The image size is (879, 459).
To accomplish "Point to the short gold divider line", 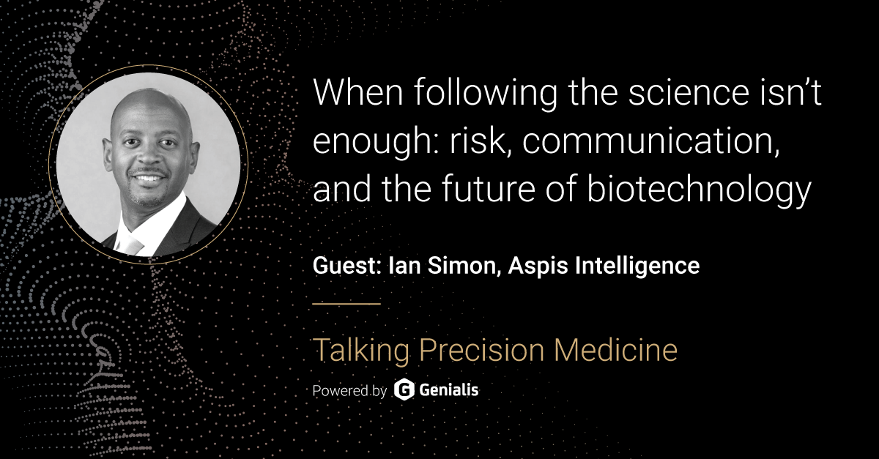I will pos(346,302).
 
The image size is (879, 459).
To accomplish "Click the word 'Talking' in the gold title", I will pos(357,351).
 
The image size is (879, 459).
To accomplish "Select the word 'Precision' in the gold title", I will pos(477,351).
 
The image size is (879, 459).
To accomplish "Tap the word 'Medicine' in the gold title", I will pos(616,351).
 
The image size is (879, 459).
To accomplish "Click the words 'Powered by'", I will pos(349,390).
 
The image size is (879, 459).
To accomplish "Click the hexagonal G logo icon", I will pos(404,390).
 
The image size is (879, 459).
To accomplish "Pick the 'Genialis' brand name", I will pos(449,390).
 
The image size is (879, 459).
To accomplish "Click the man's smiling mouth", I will pos(149,178).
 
